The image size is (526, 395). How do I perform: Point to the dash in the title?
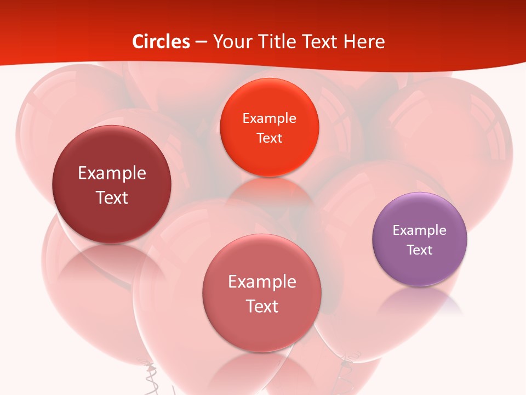tap(201, 42)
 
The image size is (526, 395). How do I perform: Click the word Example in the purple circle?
tap(420, 230)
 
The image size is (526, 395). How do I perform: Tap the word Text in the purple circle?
tap(420, 250)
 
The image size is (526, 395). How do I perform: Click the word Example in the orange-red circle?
tap(269, 119)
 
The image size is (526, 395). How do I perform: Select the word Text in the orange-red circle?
tap(269, 138)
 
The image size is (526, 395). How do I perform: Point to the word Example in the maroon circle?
tap(112, 173)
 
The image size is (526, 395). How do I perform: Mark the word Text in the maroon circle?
tap(112, 198)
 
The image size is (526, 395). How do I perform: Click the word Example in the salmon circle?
tap(262, 282)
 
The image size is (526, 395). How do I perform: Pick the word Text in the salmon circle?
tap(262, 306)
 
